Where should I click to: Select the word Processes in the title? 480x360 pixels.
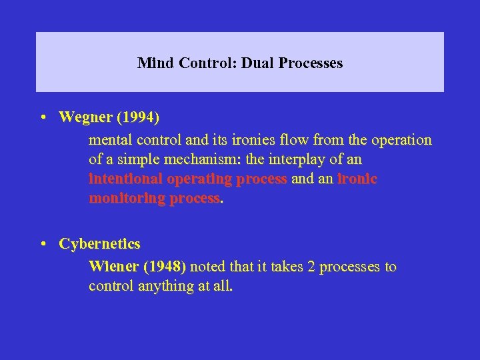click(311, 63)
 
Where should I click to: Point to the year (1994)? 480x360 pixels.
click(138, 117)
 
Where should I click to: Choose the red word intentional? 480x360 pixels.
click(126, 179)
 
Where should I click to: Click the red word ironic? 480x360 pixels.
click(357, 179)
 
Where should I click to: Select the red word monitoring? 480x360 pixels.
click(126, 199)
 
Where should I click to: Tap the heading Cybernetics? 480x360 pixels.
click(99, 244)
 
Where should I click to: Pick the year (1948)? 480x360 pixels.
click(164, 267)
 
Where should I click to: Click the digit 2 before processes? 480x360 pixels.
click(311, 267)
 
